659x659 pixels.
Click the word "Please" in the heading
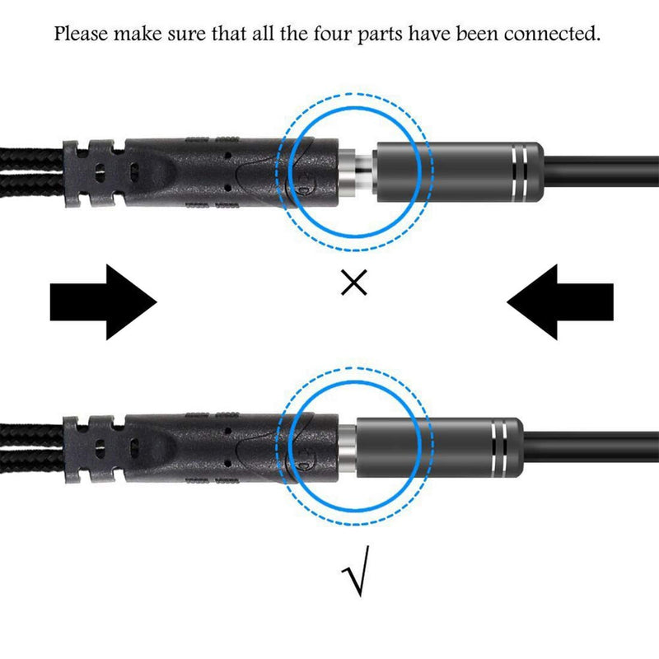pyautogui.click(x=79, y=35)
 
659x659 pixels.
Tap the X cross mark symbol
pyautogui.click(x=353, y=284)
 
